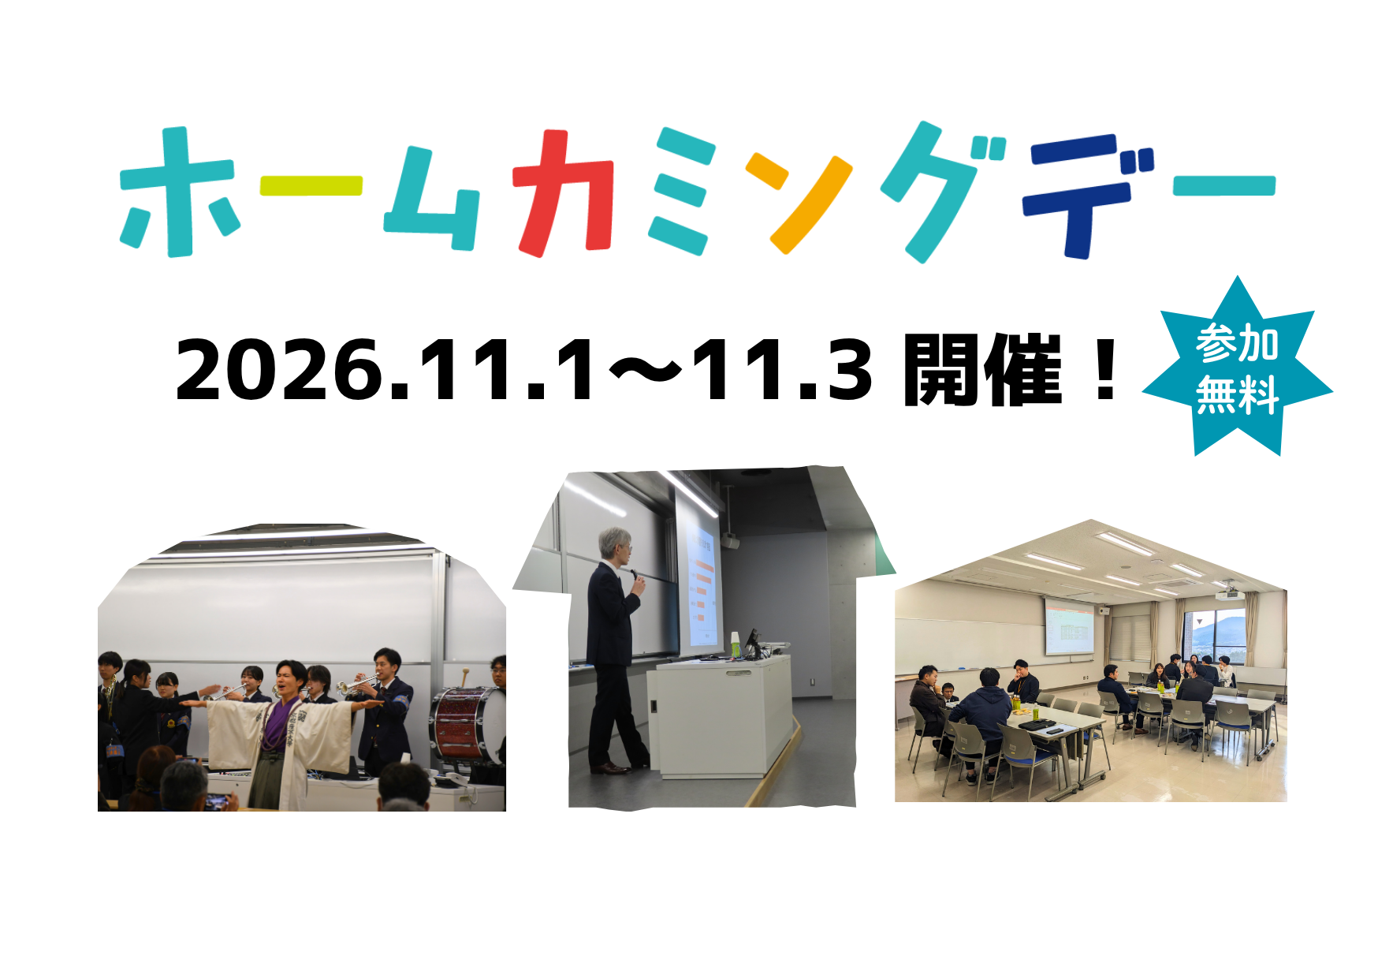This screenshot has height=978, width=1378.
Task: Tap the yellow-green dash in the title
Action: click(311, 185)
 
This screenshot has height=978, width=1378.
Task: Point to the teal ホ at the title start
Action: click(177, 192)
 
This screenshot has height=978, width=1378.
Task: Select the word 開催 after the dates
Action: click(982, 369)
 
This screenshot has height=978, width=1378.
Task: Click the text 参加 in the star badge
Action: click(1236, 343)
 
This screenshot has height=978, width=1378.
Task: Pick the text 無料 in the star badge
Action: click(1237, 395)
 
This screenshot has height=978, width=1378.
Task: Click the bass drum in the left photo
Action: click(467, 724)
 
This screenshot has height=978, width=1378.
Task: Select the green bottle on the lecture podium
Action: click(735, 644)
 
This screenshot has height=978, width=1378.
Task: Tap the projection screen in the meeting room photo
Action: click(1070, 627)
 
